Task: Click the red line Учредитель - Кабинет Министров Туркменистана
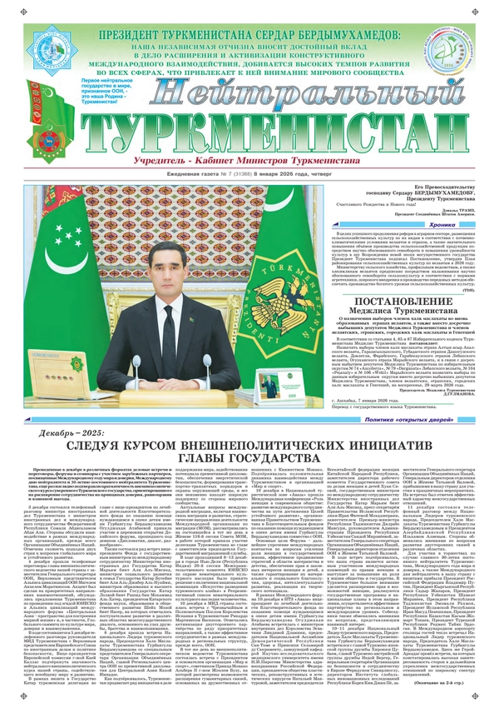[249, 158]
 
